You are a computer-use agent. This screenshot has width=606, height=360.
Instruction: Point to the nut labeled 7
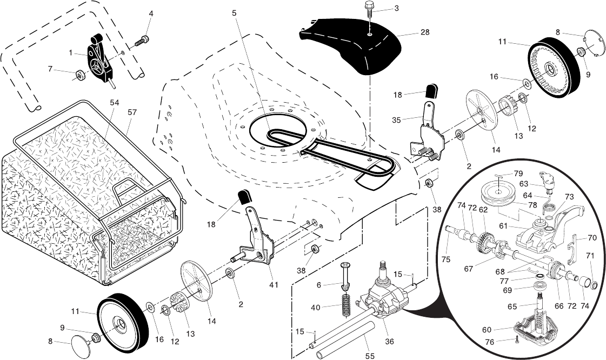(78, 74)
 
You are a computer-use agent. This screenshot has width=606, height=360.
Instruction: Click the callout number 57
(132, 112)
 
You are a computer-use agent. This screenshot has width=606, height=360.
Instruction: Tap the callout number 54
(114, 102)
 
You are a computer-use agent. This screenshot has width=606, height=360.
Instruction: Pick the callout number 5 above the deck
(234, 12)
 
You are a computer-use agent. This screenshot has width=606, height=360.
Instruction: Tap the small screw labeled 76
(517, 339)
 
